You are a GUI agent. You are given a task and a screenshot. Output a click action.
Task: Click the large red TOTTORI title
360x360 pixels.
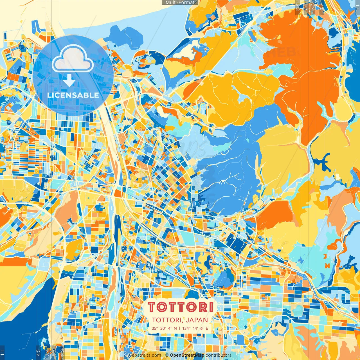click(180, 307)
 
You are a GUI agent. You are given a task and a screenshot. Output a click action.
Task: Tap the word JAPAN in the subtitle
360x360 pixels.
click(197, 320)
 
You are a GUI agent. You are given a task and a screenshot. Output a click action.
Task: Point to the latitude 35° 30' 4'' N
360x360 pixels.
click(164, 328)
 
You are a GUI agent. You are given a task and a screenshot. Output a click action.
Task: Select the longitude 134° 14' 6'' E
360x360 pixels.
click(195, 328)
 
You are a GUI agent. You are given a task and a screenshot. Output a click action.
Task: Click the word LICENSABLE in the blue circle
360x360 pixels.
click(73, 95)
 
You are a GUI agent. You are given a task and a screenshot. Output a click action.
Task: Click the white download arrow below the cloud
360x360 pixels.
click(69, 81)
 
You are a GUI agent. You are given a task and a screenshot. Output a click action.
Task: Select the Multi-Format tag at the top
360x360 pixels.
click(180, 3)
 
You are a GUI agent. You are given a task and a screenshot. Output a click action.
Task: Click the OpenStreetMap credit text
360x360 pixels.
click(187, 355)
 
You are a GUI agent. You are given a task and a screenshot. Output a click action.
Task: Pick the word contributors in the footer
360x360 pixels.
click(219, 355)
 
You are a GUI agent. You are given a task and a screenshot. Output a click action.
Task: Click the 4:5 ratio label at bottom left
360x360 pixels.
click(38, 353)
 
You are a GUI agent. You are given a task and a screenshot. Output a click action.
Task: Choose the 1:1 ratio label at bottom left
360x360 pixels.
click(2, 353)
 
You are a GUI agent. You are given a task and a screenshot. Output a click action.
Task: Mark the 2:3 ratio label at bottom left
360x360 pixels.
click(62, 353)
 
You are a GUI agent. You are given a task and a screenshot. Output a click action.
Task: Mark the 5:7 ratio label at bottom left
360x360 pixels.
click(54, 353)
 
